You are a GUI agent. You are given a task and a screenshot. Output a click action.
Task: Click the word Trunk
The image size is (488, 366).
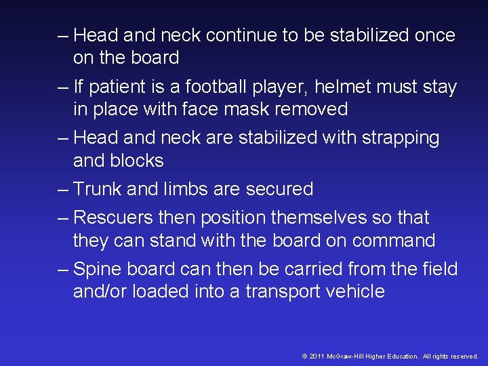pyautogui.click(x=97, y=189)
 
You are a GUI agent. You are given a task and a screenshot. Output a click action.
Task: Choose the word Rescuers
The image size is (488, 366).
pyautogui.click(x=113, y=218)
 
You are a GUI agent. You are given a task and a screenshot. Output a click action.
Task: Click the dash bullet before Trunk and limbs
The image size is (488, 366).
pyautogui.click(x=64, y=189)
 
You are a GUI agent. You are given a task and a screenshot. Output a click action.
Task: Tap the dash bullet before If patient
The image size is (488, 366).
pyautogui.click(x=64, y=87)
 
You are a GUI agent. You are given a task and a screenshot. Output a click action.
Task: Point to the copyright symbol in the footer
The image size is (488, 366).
pyautogui.click(x=305, y=356)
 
